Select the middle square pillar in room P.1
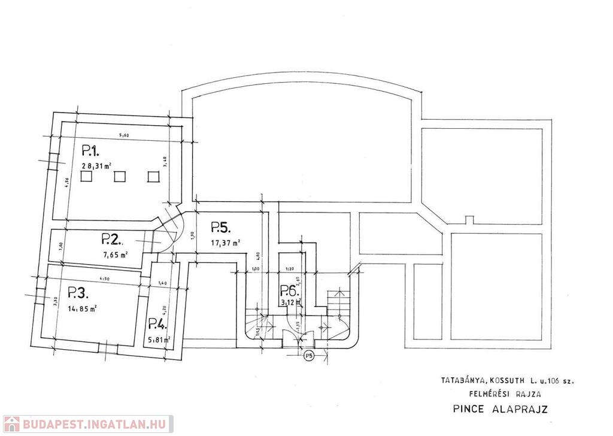click(120, 177)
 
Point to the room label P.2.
click(112, 240)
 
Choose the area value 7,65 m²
click(116, 255)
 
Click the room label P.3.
click(78, 293)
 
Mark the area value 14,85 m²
click(83, 309)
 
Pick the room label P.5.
click(221, 228)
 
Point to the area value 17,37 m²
click(226, 243)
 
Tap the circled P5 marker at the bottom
click(308, 356)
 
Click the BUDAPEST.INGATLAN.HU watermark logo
click(87, 424)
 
